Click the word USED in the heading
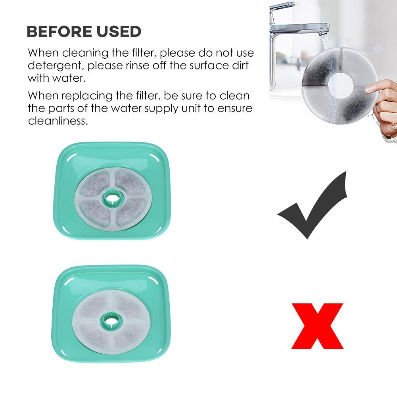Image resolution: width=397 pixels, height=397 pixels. point(119,31)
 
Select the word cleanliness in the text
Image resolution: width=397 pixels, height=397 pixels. point(58,121)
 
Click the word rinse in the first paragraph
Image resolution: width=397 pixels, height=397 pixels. point(136,65)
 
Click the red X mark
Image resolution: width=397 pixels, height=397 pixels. point(317,326)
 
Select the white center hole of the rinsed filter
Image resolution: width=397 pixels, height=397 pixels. point(340,84)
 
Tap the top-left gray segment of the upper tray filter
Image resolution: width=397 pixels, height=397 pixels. point(94,183)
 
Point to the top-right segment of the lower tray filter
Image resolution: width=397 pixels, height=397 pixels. point(129,306)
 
